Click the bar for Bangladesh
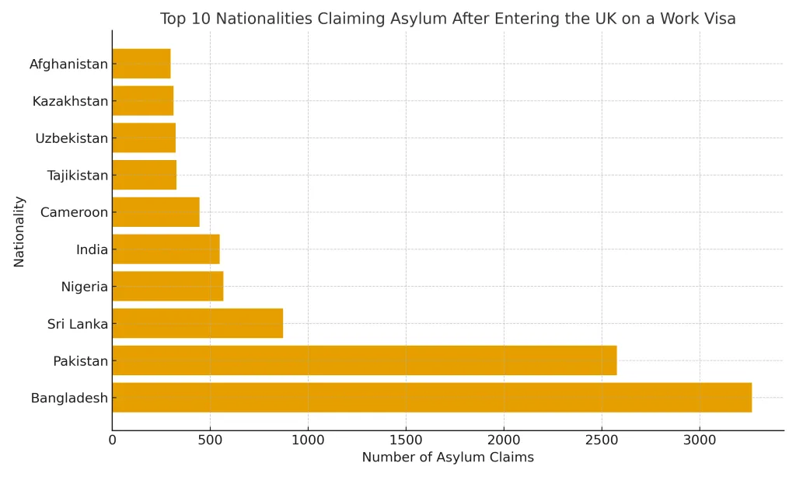tap(431, 397)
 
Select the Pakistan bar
tap(364, 360)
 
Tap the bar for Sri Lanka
tap(197, 323)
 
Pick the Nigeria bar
tap(167, 286)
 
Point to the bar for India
tap(166, 249)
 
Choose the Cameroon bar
tap(155, 212)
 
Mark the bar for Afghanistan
tap(141, 64)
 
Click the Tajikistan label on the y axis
tap(77, 176)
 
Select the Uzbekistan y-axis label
tap(72, 138)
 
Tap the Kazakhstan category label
tap(70, 101)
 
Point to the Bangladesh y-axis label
tap(69, 399)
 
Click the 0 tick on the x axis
tap(112, 440)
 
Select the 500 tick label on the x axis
tap(210, 440)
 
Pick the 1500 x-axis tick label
tap(406, 440)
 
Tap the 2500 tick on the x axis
tap(602, 440)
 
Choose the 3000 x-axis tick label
tap(700, 440)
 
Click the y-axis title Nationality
tap(19, 232)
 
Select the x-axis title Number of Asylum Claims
tap(448, 458)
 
